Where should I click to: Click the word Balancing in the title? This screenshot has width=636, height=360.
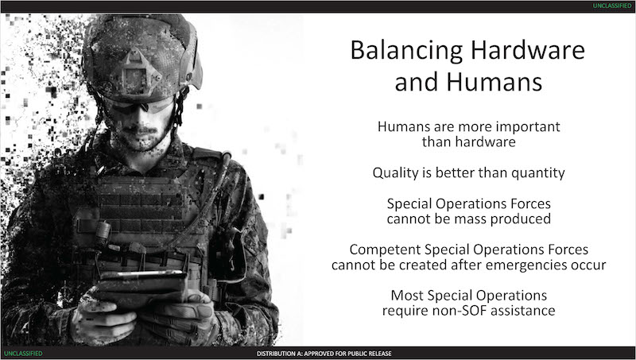click(x=406, y=51)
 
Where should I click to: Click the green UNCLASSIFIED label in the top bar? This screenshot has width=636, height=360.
click(x=612, y=6)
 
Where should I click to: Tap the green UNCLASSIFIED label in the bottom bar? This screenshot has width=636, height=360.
click(x=23, y=354)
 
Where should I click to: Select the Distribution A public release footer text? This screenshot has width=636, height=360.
click(x=324, y=354)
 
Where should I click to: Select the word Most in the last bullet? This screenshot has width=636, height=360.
click(x=407, y=296)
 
